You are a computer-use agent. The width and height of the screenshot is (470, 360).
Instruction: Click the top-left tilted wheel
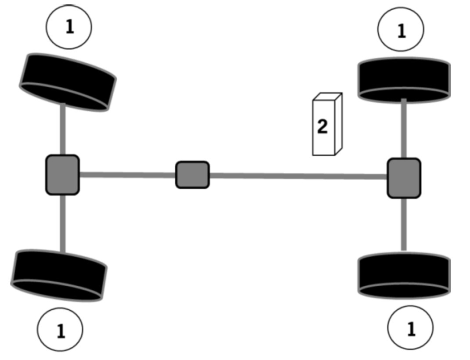[x=67, y=82]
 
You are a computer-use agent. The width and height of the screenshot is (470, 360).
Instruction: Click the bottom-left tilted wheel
[x=59, y=275]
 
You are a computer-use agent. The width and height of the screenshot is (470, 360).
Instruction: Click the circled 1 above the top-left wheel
[x=69, y=27]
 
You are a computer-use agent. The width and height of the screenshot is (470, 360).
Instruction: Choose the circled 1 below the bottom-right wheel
[x=410, y=328]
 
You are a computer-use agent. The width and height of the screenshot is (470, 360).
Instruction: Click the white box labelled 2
[x=324, y=127]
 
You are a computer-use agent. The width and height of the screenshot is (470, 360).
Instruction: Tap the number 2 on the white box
[x=322, y=127]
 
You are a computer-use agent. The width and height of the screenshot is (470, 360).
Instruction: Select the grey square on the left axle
[x=62, y=175]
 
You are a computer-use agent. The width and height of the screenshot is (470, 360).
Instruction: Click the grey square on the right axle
[x=404, y=178]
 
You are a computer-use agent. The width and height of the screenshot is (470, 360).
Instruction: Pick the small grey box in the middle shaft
[x=192, y=175]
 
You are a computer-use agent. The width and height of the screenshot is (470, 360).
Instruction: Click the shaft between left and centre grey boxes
[x=127, y=175]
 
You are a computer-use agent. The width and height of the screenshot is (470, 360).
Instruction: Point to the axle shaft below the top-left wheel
[x=63, y=130]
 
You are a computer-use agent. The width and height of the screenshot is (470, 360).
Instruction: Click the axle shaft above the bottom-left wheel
[x=63, y=223]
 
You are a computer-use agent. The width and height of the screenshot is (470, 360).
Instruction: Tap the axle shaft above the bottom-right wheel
[x=404, y=224]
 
